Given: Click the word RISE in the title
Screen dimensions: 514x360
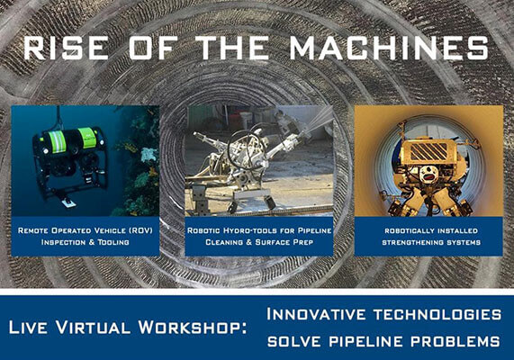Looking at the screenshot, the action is point(66,48).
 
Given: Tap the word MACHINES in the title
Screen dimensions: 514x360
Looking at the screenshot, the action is point(389,48).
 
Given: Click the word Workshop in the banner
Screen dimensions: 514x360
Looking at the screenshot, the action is point(193,327).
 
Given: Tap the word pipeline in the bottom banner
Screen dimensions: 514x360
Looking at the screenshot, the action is point(366,341).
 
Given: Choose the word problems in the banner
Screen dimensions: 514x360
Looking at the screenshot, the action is point(455,341).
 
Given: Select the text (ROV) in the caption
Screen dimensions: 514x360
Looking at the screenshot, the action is point(140,230).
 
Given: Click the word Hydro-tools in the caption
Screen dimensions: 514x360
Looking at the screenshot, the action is point(251,230).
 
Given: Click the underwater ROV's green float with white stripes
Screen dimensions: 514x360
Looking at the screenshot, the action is point(57,141).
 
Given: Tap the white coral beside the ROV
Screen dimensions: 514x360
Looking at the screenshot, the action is point(149,155).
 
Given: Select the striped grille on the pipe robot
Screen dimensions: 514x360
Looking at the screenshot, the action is point(428,151).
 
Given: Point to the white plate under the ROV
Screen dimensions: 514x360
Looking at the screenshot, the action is point(69,203).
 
